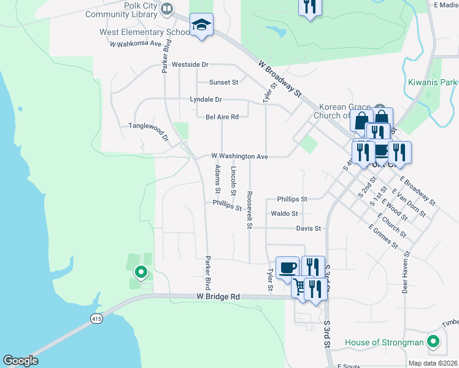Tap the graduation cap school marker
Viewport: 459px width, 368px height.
tap(201, 26)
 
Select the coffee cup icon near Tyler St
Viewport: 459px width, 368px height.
tap(288, 267)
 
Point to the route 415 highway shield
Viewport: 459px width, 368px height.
tap(96, 319)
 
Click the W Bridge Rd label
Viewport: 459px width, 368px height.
tap(218, 297)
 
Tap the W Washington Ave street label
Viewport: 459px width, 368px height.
tap(240, 157)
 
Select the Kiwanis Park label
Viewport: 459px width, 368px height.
tap(433, 82)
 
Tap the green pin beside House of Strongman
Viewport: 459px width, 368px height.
tap(433, 342)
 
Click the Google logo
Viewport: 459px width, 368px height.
tap(21, 361)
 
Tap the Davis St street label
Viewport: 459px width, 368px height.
tap(309, 229)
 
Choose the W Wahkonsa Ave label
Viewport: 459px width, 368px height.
tap(135, 44)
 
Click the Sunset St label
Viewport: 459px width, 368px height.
tap(223, 82)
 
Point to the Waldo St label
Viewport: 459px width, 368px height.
tap(284, 214)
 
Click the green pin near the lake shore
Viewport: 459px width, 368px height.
tap(141, 270)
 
